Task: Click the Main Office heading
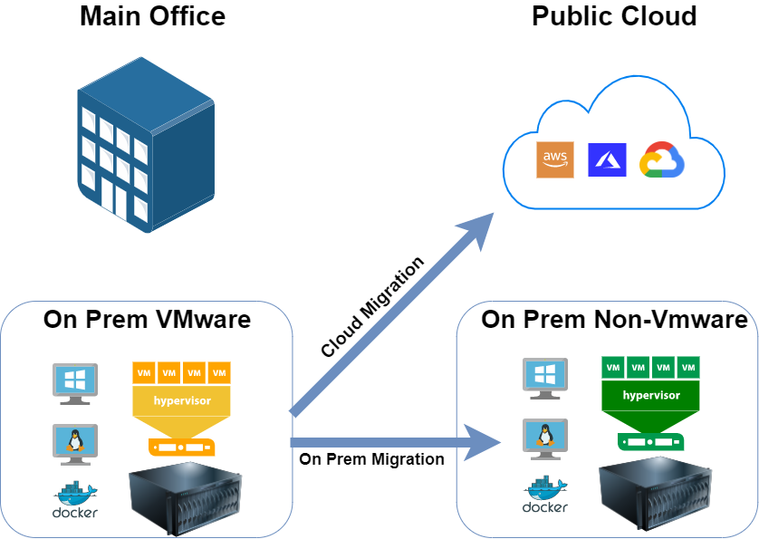pyautogui.click(x=152, y=16)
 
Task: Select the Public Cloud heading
pyautogui.click(x=614, y=16)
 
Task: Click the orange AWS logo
pyautogui.click(x=554, y=159)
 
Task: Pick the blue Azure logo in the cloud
pyautogui.click(x=606, y=159)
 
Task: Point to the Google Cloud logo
pyautogui.click(x=661, y=160)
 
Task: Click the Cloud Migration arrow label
pyautogui.click(x=372, y=307)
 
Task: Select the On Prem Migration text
pyautogui.click(x=371, y=459)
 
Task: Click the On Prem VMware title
pyautogui.click(x=147, y=320)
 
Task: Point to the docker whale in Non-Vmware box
pyautogui.click(x=545, y=494)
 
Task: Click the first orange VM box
pyautogui.click(x=143, y=372)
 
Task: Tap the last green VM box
pyautogui.click(x=688, y=368)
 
